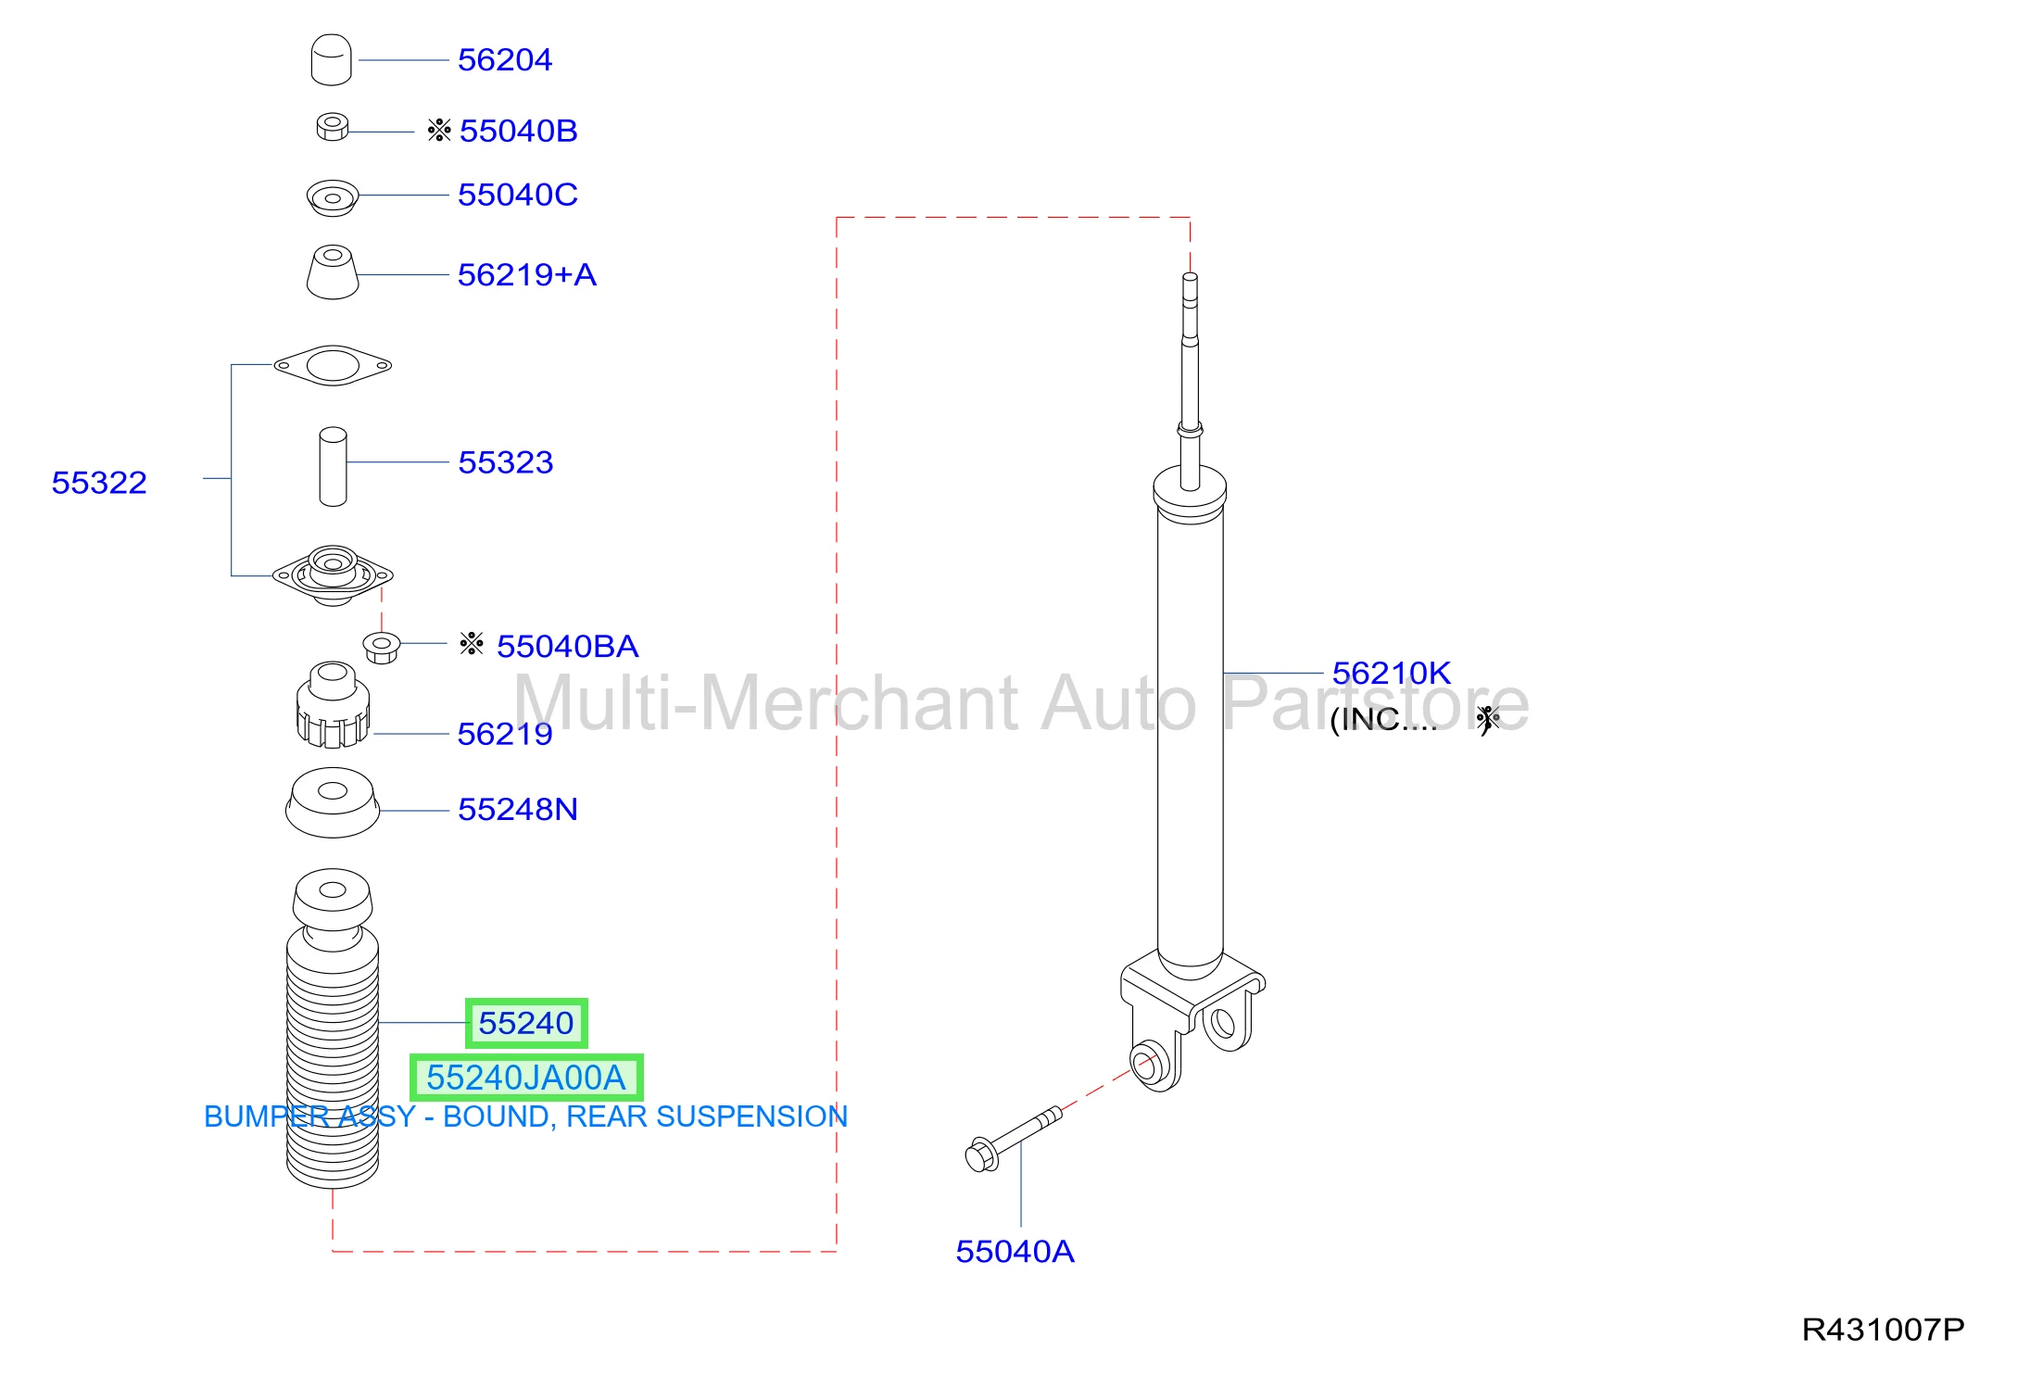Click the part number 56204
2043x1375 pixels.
coord(505,60)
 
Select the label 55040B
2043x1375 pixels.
coord(518,131)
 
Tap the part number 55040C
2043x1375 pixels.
coord(518,195)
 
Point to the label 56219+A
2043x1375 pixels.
coord(527,274)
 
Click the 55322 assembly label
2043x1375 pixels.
coord(99,482)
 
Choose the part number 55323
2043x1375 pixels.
coord(506,462)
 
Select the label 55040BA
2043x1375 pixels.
coord(567,646)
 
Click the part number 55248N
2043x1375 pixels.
coord(518,809)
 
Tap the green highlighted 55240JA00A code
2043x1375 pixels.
coord(526,1078)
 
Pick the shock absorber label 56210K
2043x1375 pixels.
coord(1392,673)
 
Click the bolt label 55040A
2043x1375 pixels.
coord(1015,1251)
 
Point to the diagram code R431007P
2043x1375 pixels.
coord(1883,1330)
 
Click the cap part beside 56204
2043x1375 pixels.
coord(332,60)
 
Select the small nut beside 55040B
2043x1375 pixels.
coord(333,126)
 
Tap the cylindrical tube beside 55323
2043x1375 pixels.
coord(333,467)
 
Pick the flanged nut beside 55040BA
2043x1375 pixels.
coord(381,648)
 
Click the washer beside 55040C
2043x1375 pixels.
coord(333,197)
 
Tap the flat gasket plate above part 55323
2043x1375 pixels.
coord(333,366)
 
